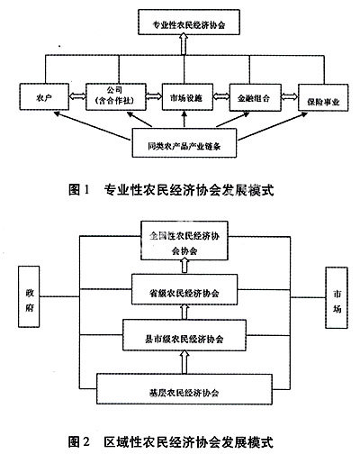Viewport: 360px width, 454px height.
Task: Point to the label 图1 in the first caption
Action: pyautogui.click(x=81, y=190)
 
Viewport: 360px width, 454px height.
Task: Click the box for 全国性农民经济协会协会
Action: pyautogui.click(x=184, y=241)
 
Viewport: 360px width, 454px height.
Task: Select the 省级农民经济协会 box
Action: pyautogui.click(x=184, y=292)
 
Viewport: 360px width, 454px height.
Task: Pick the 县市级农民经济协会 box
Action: pyautogui.click(x=184, y=338)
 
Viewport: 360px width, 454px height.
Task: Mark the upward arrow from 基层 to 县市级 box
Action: pyautogui.click(x=184, y=364)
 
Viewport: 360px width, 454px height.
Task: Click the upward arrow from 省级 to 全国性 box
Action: pyautogui.click(x=184, y=266)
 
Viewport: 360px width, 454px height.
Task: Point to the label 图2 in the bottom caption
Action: pyautogui.click(x=81, y=442)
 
